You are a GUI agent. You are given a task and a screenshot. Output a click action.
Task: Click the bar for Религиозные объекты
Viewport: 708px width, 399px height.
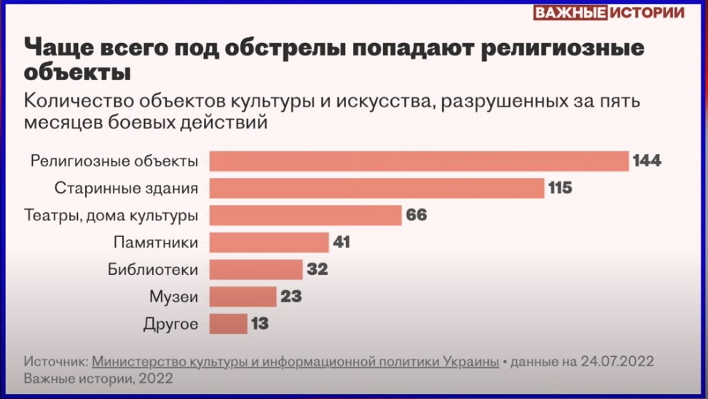coord(419,161)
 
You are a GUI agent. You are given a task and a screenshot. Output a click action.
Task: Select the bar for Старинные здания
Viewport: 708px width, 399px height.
coord(377,188)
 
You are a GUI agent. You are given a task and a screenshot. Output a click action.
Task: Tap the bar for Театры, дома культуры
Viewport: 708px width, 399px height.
coord(305,215)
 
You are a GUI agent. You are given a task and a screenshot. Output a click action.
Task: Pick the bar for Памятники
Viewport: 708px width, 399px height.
coord(269,242)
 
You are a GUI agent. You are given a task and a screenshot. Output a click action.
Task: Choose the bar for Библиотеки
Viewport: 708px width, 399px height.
coord(256,269)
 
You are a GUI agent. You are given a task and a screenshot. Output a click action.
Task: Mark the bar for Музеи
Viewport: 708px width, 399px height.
coord(243,296)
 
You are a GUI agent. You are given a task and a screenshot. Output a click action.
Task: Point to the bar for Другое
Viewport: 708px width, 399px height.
coord(228,323)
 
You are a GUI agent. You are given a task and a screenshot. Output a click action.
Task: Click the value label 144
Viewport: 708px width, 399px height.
coord(647,161)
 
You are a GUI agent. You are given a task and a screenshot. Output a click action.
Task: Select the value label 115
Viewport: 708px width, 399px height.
coord(560,188)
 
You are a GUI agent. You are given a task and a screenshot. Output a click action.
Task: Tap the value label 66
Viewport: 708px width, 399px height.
coord(416,215)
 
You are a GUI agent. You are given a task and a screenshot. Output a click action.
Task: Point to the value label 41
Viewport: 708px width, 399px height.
coord(341,242)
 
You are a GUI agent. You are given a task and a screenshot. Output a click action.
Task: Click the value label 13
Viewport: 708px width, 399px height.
coord(260,323)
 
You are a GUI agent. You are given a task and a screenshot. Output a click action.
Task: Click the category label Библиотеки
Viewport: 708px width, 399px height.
coord(153,269)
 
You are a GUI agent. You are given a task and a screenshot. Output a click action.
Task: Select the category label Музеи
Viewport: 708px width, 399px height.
coord(173,296)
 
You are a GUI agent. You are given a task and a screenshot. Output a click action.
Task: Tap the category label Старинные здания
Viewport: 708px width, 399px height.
coord(126,188)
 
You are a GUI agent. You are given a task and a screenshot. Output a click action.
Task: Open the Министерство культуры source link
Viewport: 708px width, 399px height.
coord(295,362)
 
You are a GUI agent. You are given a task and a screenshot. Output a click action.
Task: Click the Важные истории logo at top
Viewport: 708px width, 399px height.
coord(609,13)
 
